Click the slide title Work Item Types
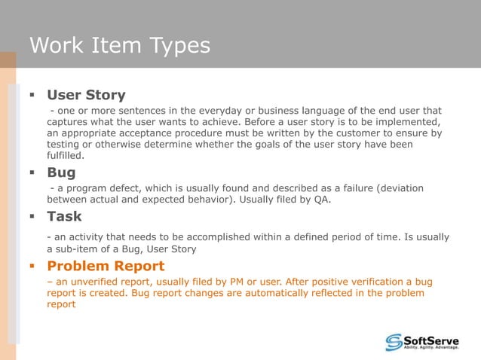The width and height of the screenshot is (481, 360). click(120, 46)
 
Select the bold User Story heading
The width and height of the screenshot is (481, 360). click(86, 96)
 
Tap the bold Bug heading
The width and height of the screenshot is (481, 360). click(62, 172)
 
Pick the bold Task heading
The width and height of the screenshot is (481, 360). click(64, 217)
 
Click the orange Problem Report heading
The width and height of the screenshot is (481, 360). click(106, 266)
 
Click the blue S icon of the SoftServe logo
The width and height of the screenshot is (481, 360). click(394, 341)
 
